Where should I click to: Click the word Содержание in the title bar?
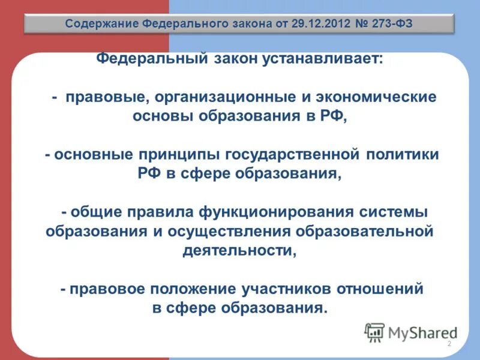tap(102, 25)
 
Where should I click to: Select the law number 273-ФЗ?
tap(382, 25)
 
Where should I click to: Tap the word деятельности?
tap(238, 250)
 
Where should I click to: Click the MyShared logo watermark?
tap(410, 332)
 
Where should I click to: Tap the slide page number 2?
tap(449, 344)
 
